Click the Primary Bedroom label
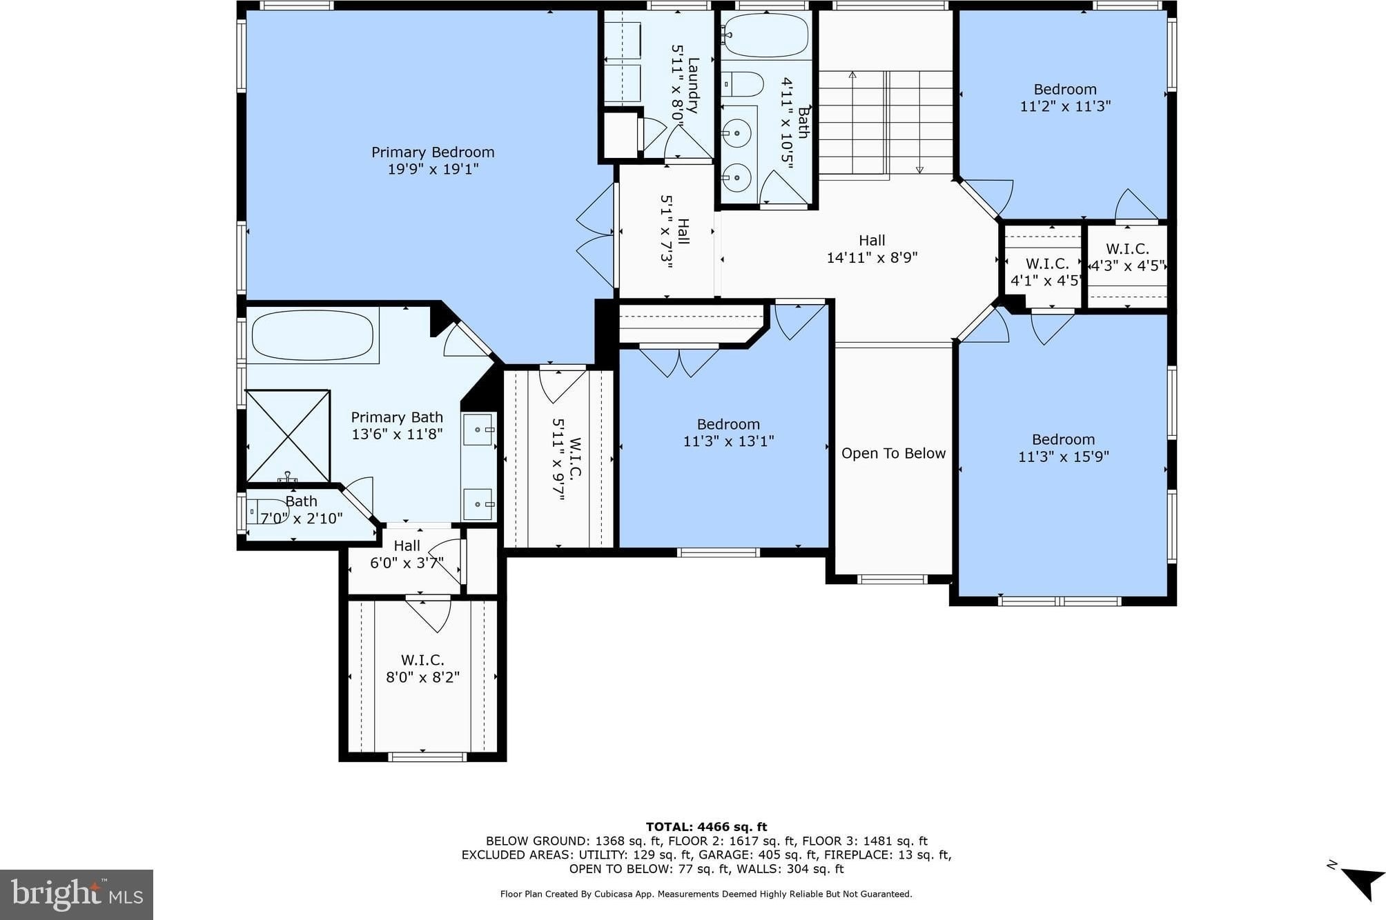coord(433,152)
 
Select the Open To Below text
coord(893,453)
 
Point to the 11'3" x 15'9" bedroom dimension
coord(1063,457)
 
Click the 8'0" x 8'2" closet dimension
coord(422,677)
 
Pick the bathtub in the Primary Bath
coord(312,335)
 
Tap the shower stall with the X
coord(289,437)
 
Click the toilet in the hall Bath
coord(743,84)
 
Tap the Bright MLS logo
coord(77,894)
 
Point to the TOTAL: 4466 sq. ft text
coord(706,827)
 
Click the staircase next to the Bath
coord(886,123)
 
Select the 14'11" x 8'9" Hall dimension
coord(872,258)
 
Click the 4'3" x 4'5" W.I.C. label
coord(1128,257)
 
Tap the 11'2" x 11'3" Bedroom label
coord(1065,98)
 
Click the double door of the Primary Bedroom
coord(596,235)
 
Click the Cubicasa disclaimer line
coord(706,894)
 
